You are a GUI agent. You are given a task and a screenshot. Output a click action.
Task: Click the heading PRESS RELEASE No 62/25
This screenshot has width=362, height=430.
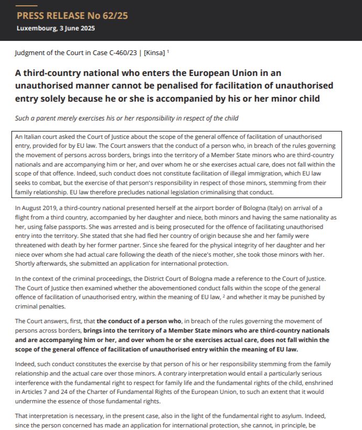point(72,16)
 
